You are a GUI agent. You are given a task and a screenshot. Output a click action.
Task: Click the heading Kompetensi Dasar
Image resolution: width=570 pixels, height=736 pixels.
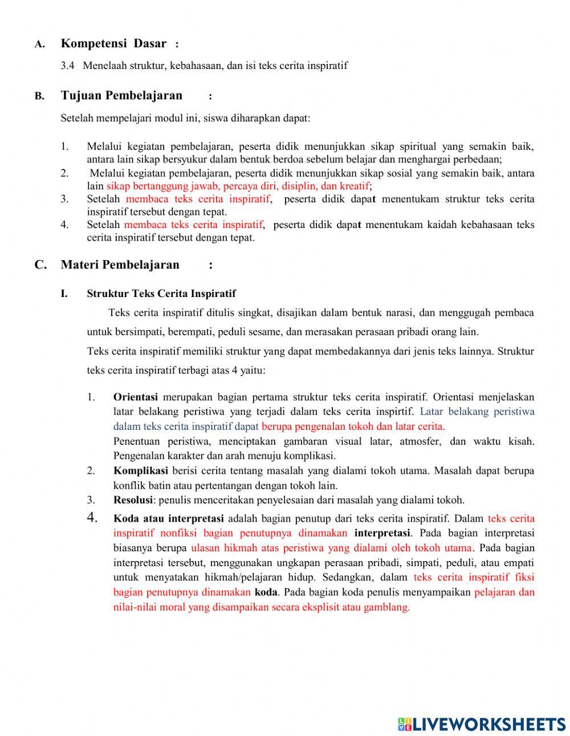click(x=113, y=43)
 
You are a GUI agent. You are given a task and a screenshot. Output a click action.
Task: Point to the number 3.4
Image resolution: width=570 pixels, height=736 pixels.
click(x=67, y=66)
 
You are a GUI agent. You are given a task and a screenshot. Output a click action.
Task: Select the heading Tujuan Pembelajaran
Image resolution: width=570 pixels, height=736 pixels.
click(x=121, y=95)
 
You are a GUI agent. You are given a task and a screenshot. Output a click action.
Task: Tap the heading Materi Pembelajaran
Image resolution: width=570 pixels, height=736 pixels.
click(x=120, y=265)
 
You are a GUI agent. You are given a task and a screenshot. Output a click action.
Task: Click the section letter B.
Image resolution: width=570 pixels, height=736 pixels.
click(x=39, y=96)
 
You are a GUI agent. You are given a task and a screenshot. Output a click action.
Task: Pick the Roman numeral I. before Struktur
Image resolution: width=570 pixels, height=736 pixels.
click(x=64, y=294)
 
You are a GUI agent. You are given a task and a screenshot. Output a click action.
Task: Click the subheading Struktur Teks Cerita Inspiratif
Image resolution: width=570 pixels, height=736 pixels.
click(x=161, y=294)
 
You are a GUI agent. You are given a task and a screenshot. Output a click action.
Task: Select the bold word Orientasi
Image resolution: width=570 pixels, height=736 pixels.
click(x=135, y=397)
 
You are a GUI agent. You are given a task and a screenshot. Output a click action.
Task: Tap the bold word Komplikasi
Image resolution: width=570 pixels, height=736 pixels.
click(x=140, y=471)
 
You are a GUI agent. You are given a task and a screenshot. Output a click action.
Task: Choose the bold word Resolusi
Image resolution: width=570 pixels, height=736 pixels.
click(x=133, y=501)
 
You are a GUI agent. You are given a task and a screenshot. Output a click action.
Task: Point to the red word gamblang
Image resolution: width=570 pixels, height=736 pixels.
click(x=387, y=607)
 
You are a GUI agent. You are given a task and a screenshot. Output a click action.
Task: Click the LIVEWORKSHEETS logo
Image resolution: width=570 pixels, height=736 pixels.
click(x=482, y=724)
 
